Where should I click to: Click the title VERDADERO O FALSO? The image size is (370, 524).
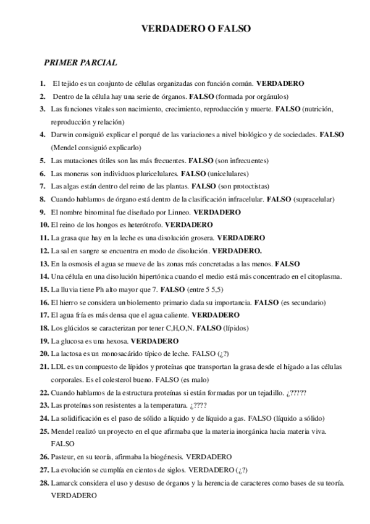pyautogui.click(x=196, y=28)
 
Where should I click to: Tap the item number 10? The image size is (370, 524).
pyautogui.click(x=44, y=224)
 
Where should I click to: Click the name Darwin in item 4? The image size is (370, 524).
pyautogui.click(x=63, y=134)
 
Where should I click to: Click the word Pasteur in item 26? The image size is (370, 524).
pyautogui.click(x=64, y=457)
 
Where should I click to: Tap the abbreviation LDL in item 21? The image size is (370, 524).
pyautogui.click(x=59, y=366)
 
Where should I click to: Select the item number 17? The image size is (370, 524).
pyautogui.click(x=44, y=315)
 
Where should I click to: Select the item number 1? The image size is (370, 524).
pyautogui.click(x=42, y=83)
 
